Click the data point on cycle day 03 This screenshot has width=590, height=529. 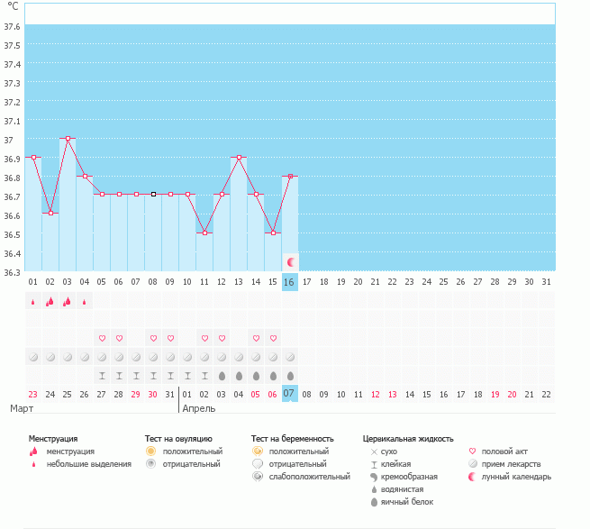[x=68, y=139]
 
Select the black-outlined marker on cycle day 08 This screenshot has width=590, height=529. [x=153, y=195]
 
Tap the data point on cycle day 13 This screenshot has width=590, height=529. [x=239, y=158]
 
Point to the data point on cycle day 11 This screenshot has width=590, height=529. [x=204, y=233]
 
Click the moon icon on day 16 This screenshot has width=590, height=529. [x=290, y=262]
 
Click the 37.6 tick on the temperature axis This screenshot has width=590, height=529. [x=12, y=27]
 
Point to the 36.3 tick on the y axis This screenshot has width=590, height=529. [x=12, y=272]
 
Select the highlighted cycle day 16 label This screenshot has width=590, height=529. [x=290, y=282]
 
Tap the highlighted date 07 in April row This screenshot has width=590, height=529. [x=290, y=394]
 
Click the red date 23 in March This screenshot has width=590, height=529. [x=33, y=395]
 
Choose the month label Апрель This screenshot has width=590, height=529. [x=199, y=409]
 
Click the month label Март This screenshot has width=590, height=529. [x=22, y=408]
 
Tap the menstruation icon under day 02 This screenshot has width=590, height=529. [x=50, y=301]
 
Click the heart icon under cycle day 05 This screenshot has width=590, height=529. [x=102, y=338]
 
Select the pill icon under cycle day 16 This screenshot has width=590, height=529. [x=290, y=357]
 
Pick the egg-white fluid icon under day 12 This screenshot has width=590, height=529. [x=222, y=376]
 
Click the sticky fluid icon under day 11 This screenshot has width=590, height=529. [x=204, y=376]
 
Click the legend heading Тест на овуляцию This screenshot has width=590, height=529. [x=178, y=439]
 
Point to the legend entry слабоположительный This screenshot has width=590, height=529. [x=309, y=477]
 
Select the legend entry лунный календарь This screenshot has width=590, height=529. [x=516, y=477]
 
